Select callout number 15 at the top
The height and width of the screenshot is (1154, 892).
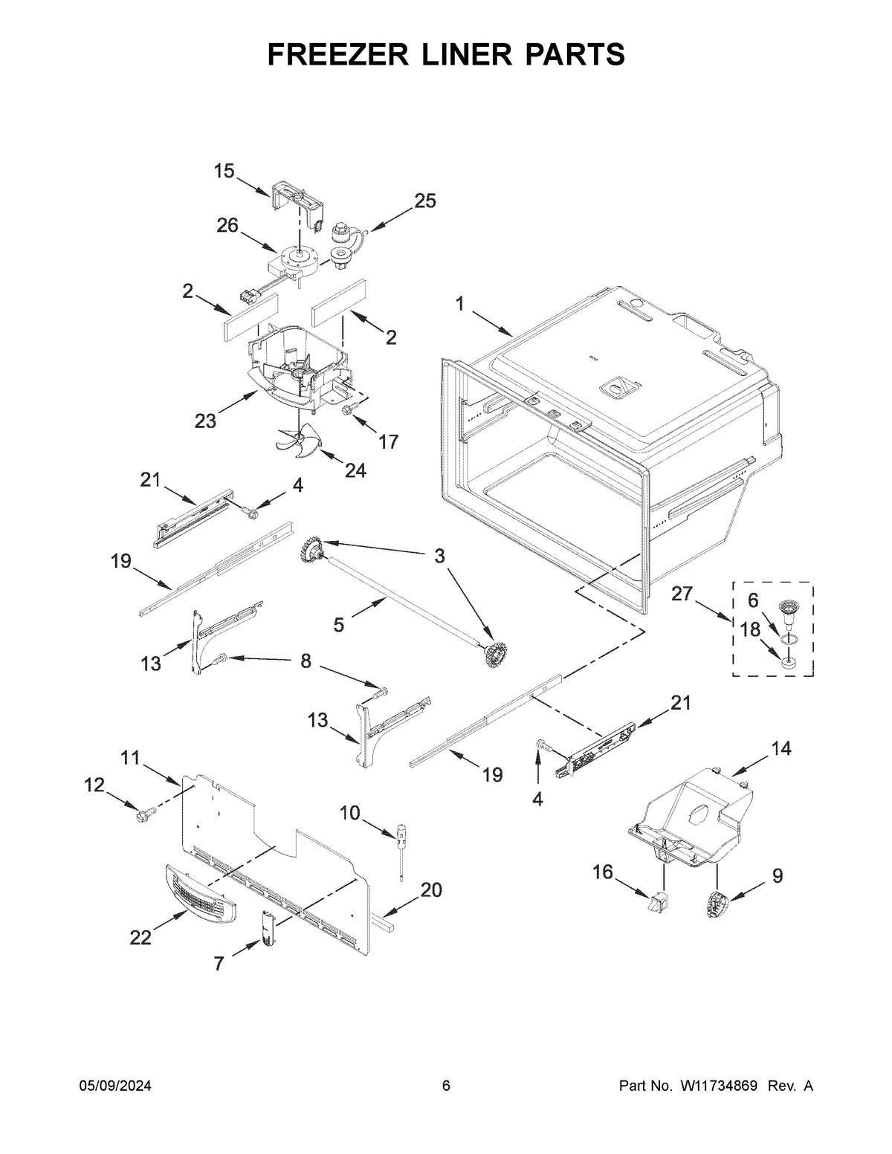pyautogui.click(x=224, y=172)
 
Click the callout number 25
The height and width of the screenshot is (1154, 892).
pyautogui.click(x=425, y=201)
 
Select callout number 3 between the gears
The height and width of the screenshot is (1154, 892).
pyautogui.click(x=439, y=555)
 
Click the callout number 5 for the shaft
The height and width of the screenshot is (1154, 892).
pyautogui.click(x=339, y=625)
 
